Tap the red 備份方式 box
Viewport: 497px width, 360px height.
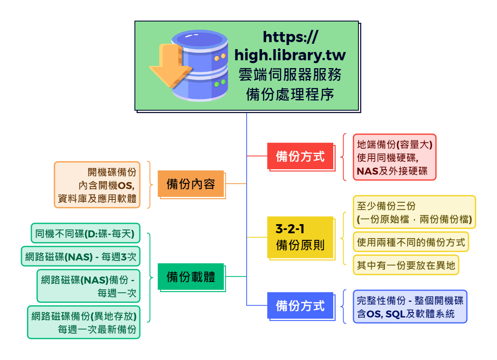tap(300, 156)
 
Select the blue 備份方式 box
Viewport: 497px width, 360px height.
tap(300, 306)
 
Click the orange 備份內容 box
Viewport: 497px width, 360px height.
tap(191, 184)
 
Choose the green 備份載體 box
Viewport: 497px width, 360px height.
tap(191, 277)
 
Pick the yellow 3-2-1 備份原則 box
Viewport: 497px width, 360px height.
tap(300, 237)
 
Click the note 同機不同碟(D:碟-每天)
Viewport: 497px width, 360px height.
tap(85, 233)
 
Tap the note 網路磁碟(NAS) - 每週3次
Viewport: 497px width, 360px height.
tap(80, 256)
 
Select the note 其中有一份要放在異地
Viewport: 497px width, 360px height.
tap(406, 265)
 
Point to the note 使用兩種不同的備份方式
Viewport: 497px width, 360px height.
tap(411, 242)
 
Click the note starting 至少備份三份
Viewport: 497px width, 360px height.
tap(415, 212)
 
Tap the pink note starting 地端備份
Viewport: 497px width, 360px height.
tap(395, 157)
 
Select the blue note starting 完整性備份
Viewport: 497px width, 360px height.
tap(410, 306)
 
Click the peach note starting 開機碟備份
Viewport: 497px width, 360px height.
tap(97, 185)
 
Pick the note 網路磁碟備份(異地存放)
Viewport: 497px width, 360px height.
tap(84, 322)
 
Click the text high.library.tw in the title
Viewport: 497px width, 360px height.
tap(290, 55)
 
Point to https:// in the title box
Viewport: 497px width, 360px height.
tap(290, 37)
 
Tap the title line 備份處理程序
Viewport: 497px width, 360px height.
tap(290, 94)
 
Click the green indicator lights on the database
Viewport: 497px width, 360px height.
tap(220, 83)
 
